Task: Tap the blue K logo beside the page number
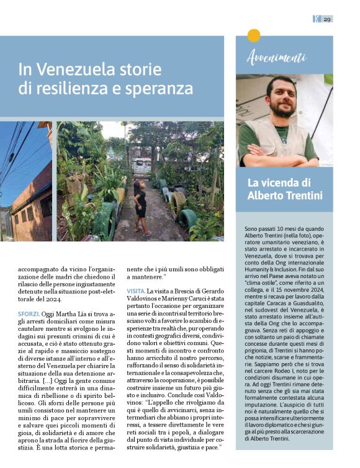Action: [317, 19]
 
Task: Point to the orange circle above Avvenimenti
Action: [253, 36]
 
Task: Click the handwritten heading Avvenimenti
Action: [276, 58]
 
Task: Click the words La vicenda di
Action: [276, 182]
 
